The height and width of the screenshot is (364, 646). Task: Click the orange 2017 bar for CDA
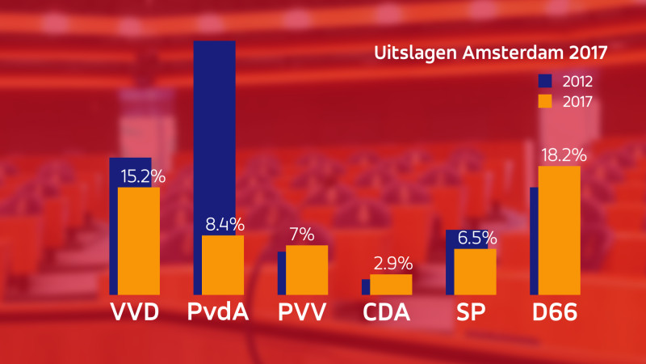[391, 285]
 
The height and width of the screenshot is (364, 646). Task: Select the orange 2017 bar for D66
[559, 231]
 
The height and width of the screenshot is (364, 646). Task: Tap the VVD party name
[133, 312]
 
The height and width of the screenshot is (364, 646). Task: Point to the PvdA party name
[217, 312]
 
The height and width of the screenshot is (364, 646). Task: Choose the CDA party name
[386, 312]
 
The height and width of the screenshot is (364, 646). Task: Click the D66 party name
[554, 312]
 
